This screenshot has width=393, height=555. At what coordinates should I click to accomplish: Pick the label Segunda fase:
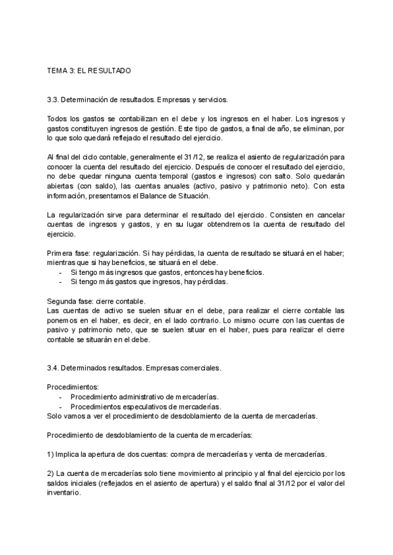point(70,300)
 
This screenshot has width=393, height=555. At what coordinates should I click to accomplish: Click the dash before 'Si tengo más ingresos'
point(60,272)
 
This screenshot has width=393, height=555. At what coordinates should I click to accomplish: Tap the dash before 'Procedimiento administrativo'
point(60,397)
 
